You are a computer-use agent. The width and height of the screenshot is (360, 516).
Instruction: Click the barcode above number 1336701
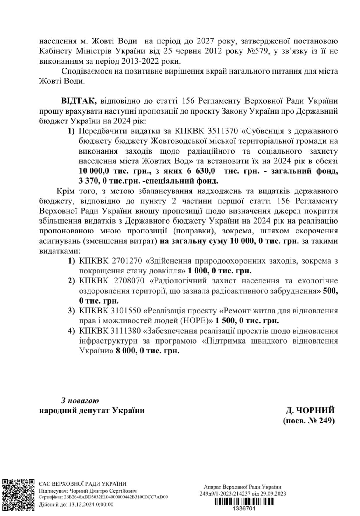[x=244, y=501]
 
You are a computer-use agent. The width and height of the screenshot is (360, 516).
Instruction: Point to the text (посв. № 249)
[x=309, y=421]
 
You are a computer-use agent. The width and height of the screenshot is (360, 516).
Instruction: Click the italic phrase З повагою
[x=80, y=400]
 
